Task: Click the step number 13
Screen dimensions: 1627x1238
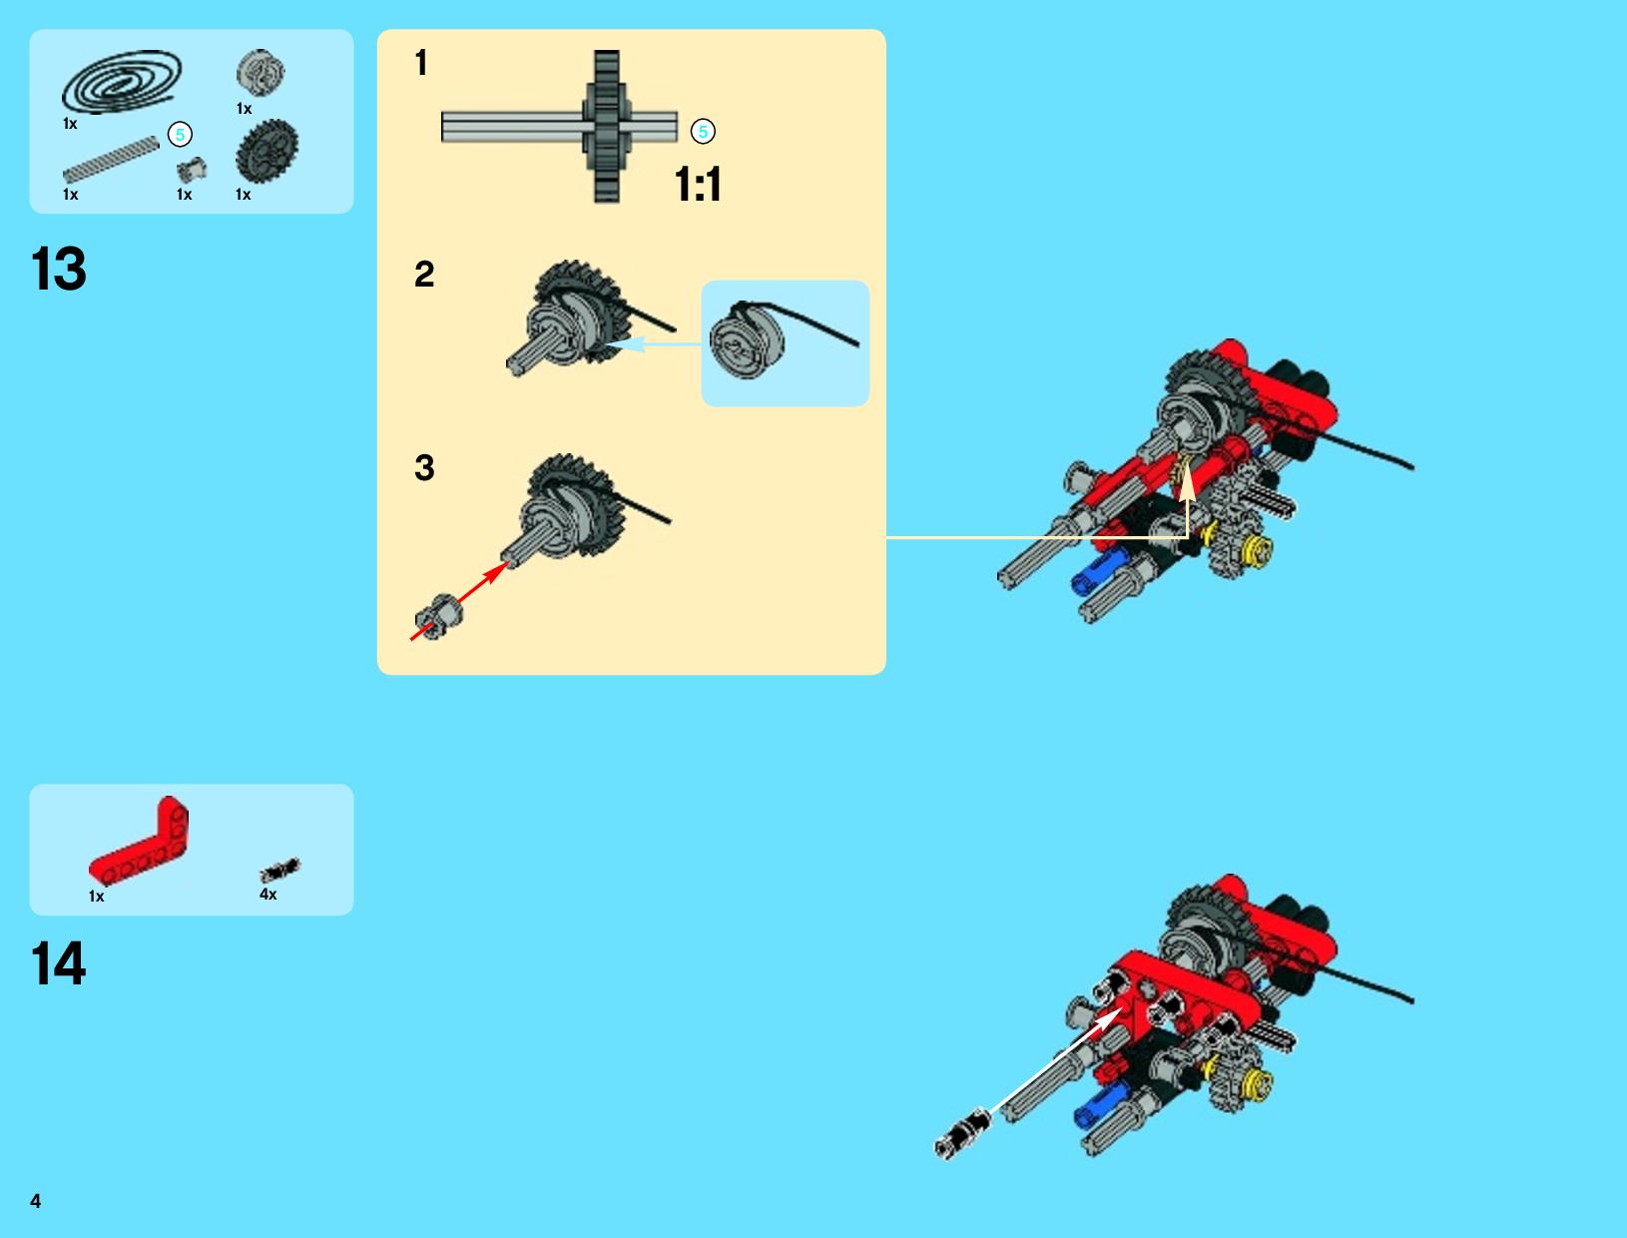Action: coord(59,269)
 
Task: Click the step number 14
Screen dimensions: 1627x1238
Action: coord(59,963)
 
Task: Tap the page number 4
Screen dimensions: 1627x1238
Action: coord(36,1201)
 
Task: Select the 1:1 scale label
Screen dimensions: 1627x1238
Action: coord(698,184)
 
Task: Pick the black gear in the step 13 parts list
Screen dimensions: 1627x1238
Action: coord(267,151)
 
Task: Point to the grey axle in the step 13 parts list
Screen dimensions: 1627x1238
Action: coord(111,160)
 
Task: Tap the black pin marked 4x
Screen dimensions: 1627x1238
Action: coord(280,870)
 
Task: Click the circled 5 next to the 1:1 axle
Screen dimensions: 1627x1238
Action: coord(703,132)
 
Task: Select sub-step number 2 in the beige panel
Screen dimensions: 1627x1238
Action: coord(424,275)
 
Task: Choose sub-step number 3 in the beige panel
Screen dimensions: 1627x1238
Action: coord(424,468)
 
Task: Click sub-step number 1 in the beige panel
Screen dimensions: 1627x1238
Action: coord(422,63)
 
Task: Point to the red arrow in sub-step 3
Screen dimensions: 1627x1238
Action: coord(460,600)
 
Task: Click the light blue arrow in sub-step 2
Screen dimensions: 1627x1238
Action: coord(654,344)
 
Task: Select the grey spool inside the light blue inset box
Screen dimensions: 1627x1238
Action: coord(746,341)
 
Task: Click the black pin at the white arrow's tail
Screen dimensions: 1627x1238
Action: coord(962,1133)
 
